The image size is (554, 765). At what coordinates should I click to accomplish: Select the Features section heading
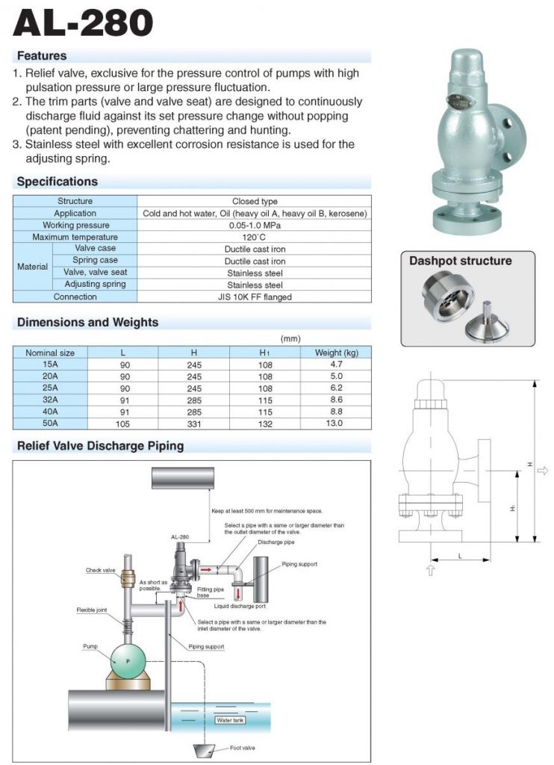42,56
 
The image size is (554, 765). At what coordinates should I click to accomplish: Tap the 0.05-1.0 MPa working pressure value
255,225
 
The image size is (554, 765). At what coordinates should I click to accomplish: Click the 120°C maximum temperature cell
255,237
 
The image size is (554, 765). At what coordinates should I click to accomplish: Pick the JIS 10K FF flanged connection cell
255,297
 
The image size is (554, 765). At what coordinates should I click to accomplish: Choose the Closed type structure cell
255,201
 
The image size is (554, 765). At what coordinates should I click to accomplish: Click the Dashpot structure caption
460,261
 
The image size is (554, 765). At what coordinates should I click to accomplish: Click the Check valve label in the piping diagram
100,570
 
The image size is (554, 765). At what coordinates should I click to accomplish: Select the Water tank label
230,720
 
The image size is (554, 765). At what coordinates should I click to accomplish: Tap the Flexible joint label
92,610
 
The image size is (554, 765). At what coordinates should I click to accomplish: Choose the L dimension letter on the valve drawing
460,557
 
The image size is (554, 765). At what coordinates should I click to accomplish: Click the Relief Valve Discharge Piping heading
100,447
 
